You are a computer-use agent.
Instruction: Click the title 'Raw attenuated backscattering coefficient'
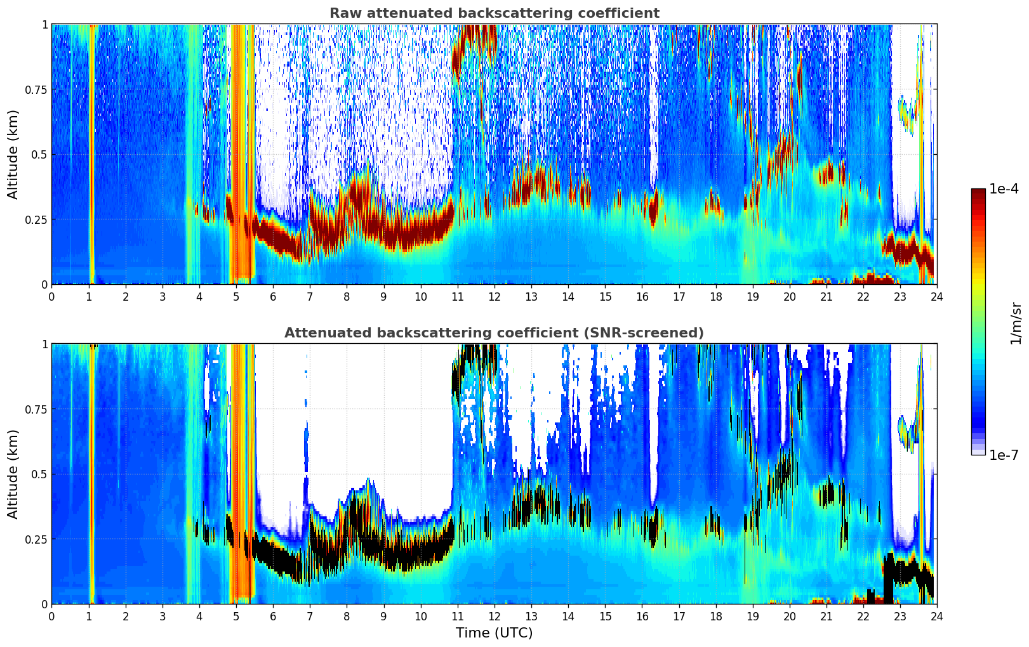tap(494, 13)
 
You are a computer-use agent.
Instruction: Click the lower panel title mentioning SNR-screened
tap(494, 333)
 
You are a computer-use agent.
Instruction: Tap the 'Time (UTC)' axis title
tap(494, 633)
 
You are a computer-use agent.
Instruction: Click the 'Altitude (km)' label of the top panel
tap(13, 154)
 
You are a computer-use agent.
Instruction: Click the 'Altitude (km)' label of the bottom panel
tap(13, 474)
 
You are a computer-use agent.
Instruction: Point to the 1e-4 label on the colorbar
tap(1004, 190)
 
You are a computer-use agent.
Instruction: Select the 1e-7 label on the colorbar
tap(1004, 455)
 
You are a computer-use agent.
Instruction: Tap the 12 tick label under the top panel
tap(495, 296)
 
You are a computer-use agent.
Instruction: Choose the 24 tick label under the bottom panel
tap(937, 616)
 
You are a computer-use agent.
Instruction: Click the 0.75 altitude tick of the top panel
tap(36, 90)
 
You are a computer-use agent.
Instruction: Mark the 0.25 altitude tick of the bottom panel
tap(36, 539)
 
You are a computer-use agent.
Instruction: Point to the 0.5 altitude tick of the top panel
tap(39, 155)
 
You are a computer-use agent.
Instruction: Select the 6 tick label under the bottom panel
tap(273, 616)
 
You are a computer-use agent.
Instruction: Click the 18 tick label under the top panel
tap(716, 296)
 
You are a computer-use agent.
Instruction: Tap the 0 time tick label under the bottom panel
tap(52, 616)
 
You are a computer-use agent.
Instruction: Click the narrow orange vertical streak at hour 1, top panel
tap(91, 152)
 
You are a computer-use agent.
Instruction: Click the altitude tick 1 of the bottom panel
tap(44, 344)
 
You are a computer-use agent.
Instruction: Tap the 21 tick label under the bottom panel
tap(827, 616)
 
